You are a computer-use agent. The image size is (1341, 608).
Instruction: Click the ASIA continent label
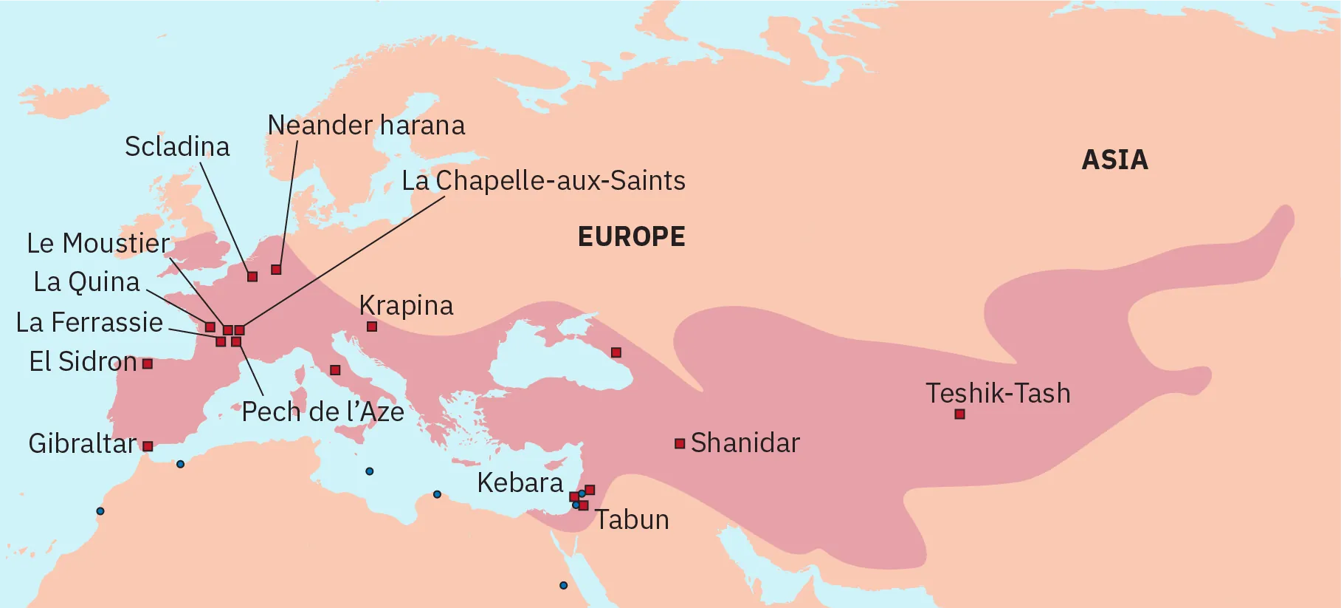coord(1114,160)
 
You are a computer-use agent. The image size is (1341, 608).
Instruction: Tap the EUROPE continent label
coord(631,237)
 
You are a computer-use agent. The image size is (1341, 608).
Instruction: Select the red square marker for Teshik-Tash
coord(959,414)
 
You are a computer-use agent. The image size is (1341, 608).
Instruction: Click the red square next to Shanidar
coord(680,443)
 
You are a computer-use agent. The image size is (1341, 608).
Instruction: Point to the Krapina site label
coord(406,306)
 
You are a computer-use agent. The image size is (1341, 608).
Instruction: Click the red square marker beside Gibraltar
coord(148,446)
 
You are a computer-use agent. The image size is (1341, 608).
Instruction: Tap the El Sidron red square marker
coord(148,363)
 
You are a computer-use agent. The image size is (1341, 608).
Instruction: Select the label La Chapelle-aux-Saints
coord(543,181)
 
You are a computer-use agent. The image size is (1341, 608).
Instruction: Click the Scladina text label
coord(177,147)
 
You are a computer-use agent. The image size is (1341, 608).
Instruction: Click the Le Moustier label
coord(98,244)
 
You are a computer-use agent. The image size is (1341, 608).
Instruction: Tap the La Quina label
coord(86,282)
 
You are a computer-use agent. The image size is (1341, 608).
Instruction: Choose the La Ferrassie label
coord(89,323)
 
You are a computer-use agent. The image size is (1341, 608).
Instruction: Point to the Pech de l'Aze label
coord(323,412)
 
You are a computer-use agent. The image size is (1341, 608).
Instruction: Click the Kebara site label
coord(520,483)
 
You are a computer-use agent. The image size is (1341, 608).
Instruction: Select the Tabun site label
coord(632,520)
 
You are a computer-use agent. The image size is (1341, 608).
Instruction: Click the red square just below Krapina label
coord(372,327)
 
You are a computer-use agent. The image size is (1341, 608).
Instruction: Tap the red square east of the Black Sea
coord(616,352)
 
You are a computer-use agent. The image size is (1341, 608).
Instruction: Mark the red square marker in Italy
coord(335,369)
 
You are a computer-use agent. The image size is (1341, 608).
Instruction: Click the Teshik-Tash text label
coord(998,394)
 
